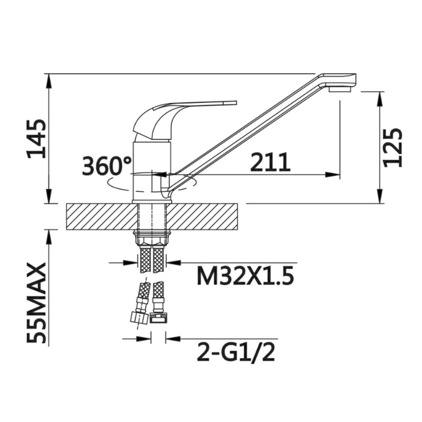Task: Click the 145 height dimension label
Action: tap(36, 138)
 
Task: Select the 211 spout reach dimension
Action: tap(270, 162)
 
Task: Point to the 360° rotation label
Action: tap(107, 166)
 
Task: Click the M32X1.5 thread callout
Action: tap(245, 276)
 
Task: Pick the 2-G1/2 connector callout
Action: tap(236, 352)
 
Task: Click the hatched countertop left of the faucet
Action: tap(102, 216)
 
